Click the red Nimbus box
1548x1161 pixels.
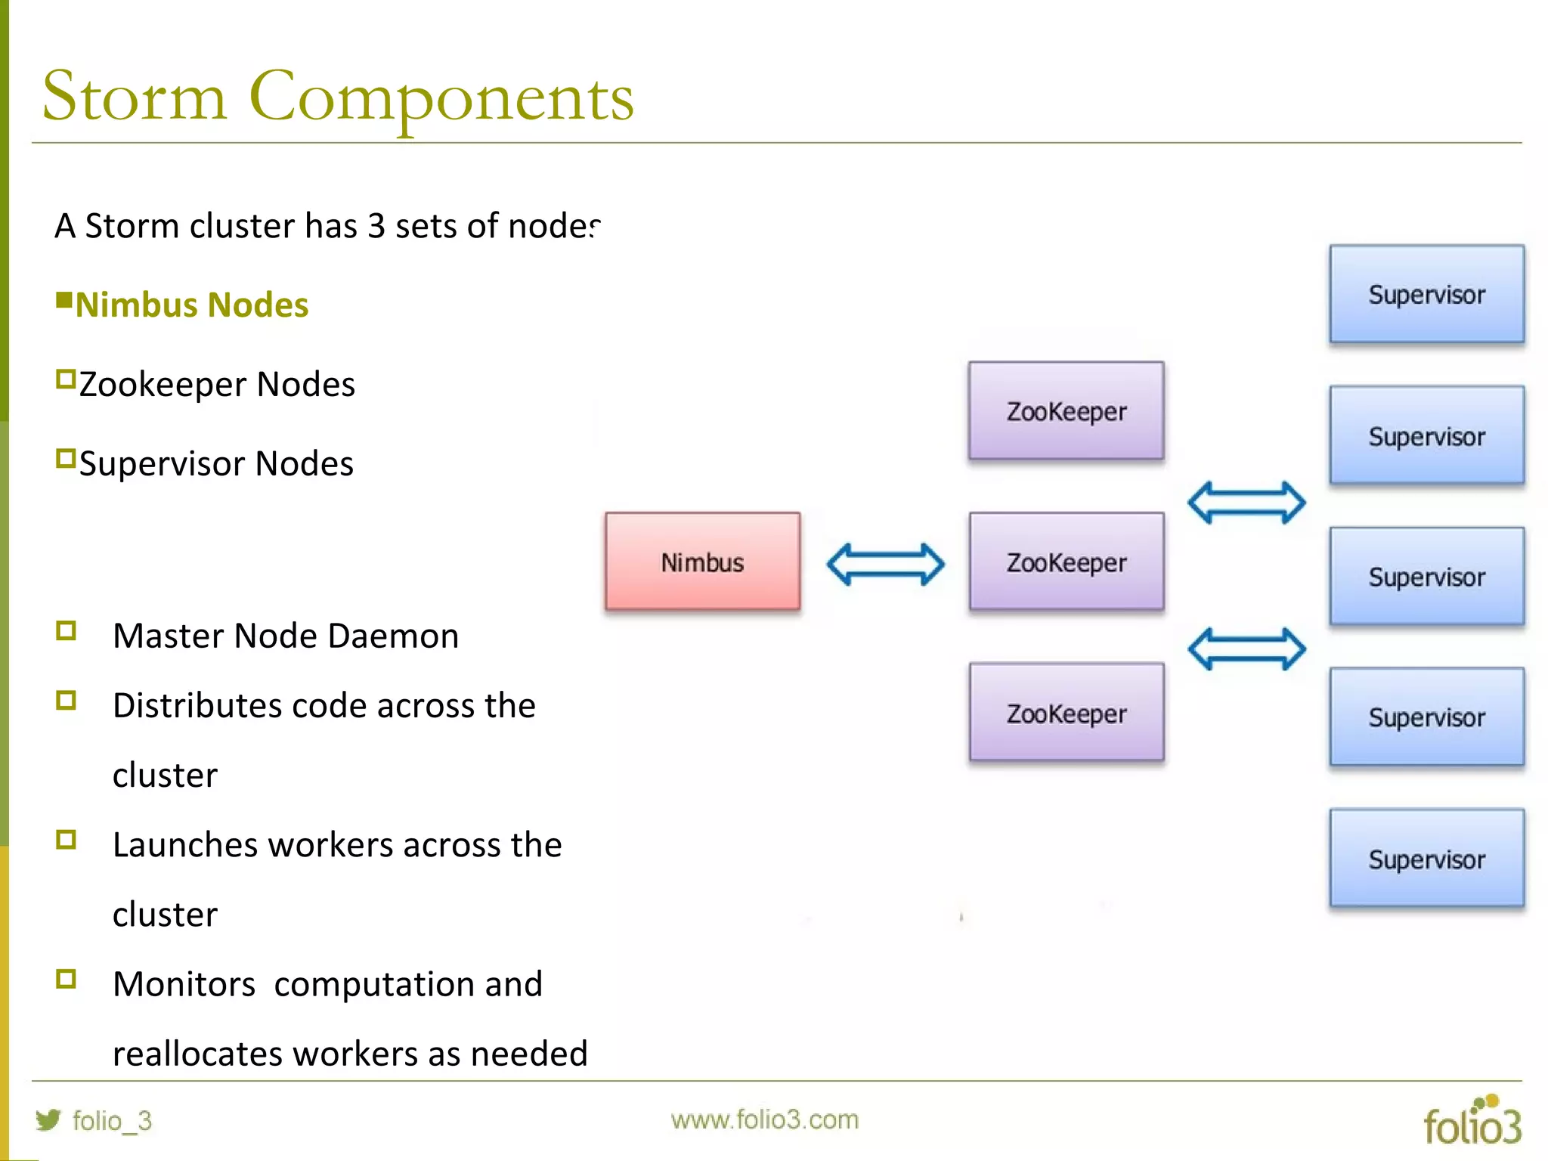click(x=702, y=562)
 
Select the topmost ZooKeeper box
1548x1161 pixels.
click(x=1066, y=411)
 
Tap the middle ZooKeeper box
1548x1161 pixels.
click(x=1066, y=562)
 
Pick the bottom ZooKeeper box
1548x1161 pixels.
click(x=1066, y=712)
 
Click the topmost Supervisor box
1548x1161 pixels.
click(x=1426, y=294)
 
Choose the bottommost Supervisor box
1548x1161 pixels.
click(x=1426, y=858)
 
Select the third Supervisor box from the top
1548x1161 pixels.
click(x=1426, y=576)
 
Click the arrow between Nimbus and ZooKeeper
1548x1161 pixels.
click(x=885, y=564)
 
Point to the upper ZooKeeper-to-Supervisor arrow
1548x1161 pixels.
click(x=1246, y=503)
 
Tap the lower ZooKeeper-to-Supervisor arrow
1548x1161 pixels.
click(x=1246, y=649)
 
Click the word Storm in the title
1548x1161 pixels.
click(x=135, y=97)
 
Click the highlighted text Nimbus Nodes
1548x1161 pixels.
click(x=192, y=305)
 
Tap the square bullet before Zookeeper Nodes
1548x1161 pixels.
click(x=66, y=379)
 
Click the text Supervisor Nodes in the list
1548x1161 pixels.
click(x=216, y=463)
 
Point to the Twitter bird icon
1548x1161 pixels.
click(x=48, y=1119)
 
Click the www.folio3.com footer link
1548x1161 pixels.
click(x=764, y=1119)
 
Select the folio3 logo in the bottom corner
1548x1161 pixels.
click(x=1472, y=1122)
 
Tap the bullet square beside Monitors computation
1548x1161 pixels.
click(x=66, y=979)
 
